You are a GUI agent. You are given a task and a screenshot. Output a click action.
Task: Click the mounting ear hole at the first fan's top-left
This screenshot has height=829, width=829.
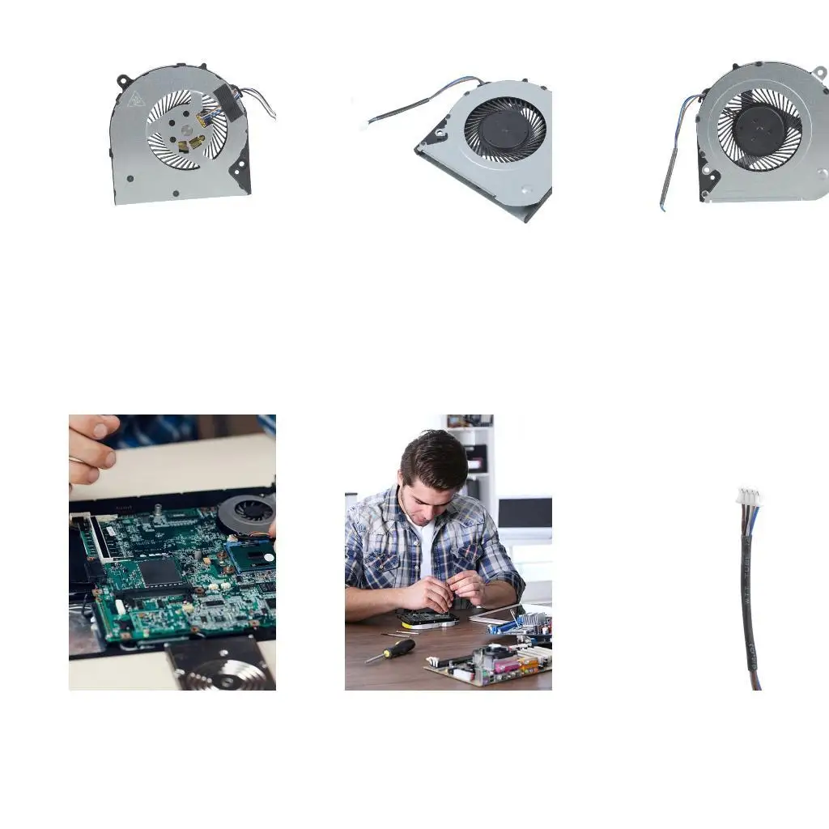click(124, 81)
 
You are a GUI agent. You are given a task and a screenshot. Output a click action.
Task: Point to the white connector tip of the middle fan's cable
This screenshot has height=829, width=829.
click(363, 125)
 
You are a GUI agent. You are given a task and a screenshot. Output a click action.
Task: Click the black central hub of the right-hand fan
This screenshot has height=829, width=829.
click(759, 130)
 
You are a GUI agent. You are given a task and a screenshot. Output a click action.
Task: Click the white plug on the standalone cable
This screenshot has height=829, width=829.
click(748, 497)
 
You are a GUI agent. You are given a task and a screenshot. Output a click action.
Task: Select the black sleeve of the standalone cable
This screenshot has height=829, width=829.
click(748, 599)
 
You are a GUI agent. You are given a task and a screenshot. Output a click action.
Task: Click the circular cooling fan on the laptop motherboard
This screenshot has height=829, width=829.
click(249, 512)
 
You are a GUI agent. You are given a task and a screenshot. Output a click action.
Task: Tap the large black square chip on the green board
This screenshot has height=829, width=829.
click(160, 572)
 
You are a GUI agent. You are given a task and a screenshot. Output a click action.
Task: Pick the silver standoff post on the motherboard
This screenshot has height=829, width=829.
click(157, 509)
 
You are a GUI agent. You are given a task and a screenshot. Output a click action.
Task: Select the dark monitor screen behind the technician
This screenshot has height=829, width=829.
click(525, 512)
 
